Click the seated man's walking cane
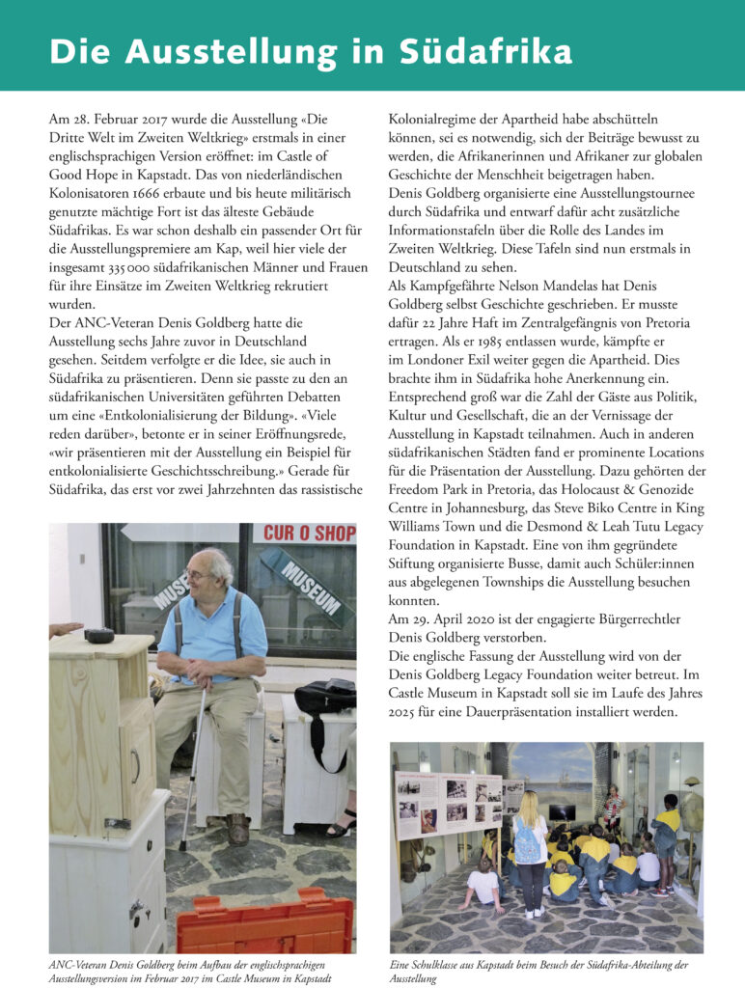[195, 762]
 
